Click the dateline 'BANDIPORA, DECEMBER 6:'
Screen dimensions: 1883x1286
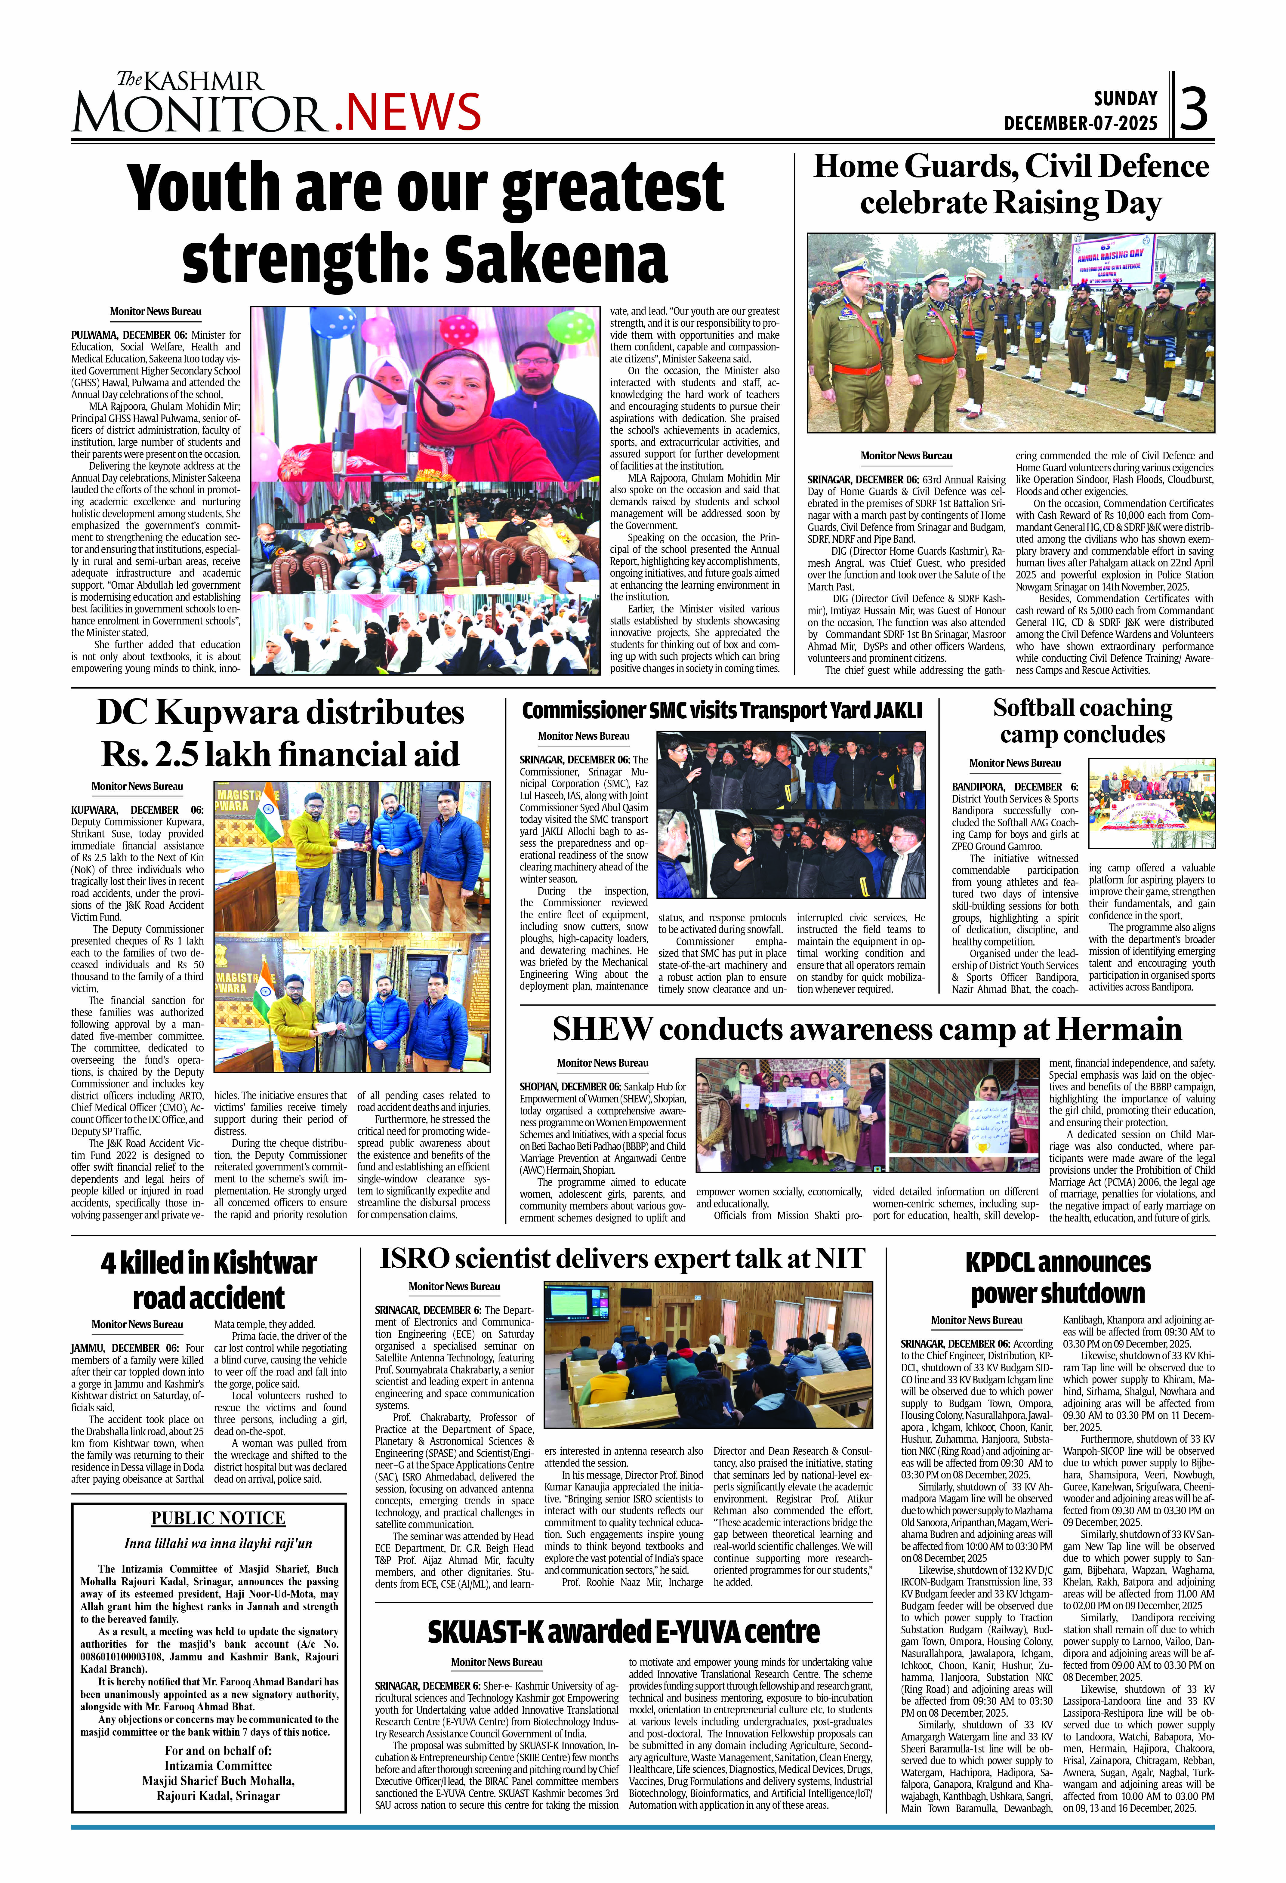coord(1015,787)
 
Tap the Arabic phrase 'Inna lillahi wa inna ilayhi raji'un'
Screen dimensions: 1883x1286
coord(218,1543)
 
